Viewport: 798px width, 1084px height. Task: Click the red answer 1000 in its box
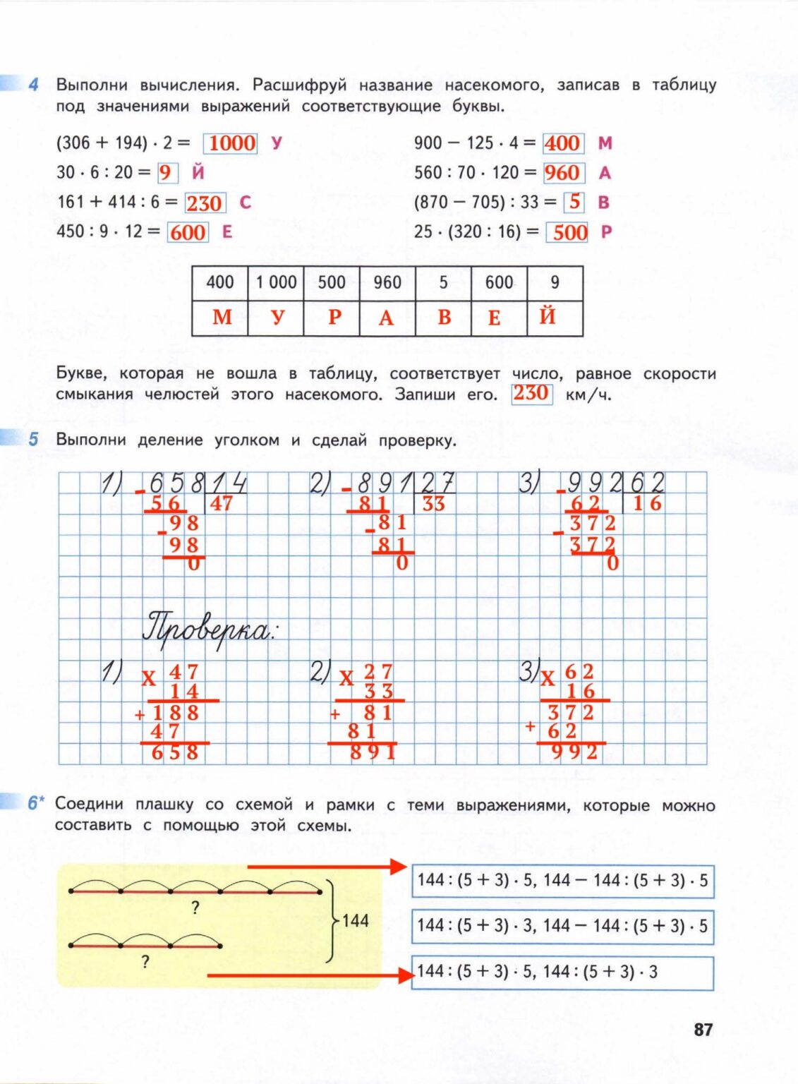(231, 143)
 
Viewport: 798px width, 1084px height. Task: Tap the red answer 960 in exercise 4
(562, 173)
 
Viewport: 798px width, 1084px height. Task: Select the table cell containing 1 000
(276, 283)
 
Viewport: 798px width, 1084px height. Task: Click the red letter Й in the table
(548, 317)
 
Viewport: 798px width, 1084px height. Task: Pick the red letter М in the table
(222, 318)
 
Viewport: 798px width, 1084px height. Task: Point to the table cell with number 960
(387, 283)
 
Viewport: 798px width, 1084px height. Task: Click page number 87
(703, 1030)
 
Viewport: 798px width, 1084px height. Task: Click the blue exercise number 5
(34, 440)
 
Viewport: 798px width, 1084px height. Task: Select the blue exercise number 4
(34, 85)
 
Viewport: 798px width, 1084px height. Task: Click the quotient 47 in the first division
(221, 503)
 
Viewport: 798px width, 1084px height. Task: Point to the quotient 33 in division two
(433, 504)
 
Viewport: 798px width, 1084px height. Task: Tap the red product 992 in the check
(574, 752)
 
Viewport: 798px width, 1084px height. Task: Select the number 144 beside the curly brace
(356, 920)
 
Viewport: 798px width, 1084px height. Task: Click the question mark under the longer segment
(195, 908)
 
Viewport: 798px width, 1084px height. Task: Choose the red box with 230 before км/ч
(531, 393)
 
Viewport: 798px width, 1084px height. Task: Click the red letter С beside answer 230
(245, 203)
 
